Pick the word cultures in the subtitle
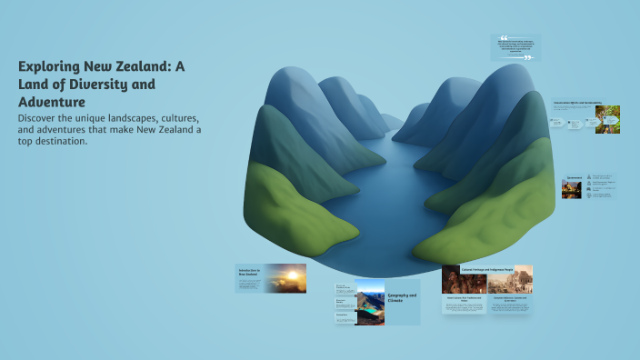point(175,118)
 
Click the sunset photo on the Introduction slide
point(285,277)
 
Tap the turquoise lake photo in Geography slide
point(371,307)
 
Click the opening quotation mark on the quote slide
point(504,38)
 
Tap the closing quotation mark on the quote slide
point(528,56)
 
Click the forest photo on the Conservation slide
point(607,120)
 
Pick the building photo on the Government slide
point(572,188)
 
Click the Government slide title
point(575,177)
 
